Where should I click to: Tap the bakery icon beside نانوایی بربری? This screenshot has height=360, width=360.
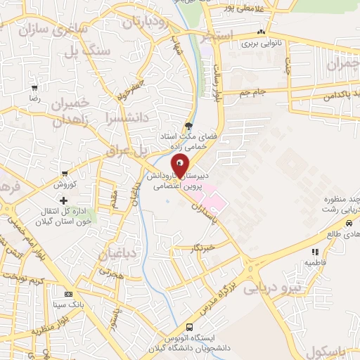tap(262, 32)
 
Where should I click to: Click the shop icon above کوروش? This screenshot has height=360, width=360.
tap(65, 174)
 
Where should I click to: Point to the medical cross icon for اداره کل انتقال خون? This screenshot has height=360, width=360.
tap(64, 201)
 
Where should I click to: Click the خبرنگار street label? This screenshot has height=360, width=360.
tap(205, 248)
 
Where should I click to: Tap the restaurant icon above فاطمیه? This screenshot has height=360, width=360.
tap(314, 251)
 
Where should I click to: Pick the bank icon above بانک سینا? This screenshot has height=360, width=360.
tap(68, 295)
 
